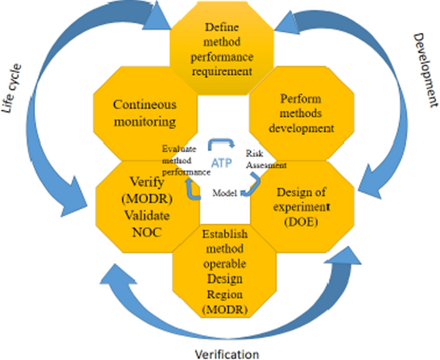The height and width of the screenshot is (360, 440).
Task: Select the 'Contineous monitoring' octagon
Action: pyautogui.click(x=145, y=112)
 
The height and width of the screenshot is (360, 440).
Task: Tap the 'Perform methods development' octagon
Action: pyautogui.click(x=302, y=113)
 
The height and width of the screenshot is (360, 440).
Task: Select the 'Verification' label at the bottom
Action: pyautogui.click(x=226, y=353)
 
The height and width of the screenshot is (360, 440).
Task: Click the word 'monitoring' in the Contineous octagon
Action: pyautogui.click(x=145, y=120)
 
